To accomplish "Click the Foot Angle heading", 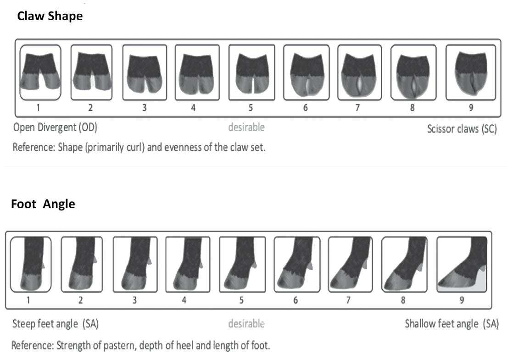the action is tap(43, 204).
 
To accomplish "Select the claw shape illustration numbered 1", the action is tap(40, 72).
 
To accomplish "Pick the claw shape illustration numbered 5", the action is tap(251, 72).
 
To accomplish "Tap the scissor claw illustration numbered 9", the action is tap(471, 72).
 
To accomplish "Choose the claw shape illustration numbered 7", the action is tap(358, 72).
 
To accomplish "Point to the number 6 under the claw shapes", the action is tap(305, 108).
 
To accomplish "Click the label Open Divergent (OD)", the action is tap(56, 127).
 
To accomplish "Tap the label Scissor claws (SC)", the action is tap(462, 129).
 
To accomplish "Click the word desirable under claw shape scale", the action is tap(246, 127).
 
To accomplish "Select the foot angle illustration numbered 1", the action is tap(30, 264).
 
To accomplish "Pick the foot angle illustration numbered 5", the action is tap(242, 264).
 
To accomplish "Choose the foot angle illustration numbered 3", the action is tap(135, 264).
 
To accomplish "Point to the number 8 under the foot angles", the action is tap(403, 301).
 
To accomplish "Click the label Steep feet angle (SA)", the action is tap(56, 324).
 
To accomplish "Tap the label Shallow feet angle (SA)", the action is tap(451, 324).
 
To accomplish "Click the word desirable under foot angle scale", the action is tap(246, 324).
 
